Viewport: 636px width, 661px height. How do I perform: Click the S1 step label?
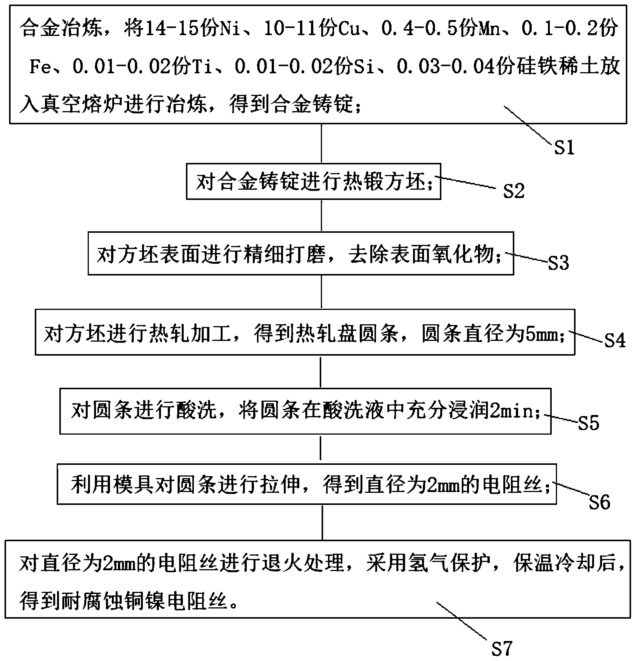pos(564,147)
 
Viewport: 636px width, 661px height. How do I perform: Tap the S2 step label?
pos(514,191)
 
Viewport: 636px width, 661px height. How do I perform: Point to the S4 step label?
pos(615,340)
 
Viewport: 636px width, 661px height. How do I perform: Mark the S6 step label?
pos(600,502)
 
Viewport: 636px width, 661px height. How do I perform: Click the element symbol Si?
pos(364,67)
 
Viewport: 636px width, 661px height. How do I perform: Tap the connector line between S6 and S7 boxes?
pos(322,522)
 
